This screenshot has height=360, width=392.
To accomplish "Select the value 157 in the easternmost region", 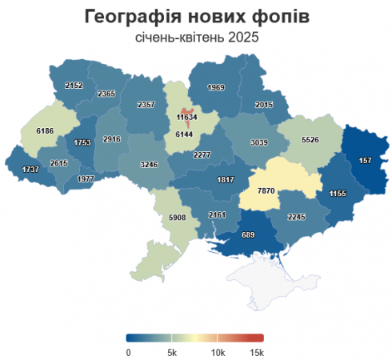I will [x=365, y=160].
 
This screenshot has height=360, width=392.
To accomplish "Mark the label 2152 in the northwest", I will [x=74, y=86].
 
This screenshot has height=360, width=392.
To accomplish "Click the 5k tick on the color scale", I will [x=172, y=351].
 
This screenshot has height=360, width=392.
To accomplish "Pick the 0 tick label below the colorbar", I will [x=128, y=351].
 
